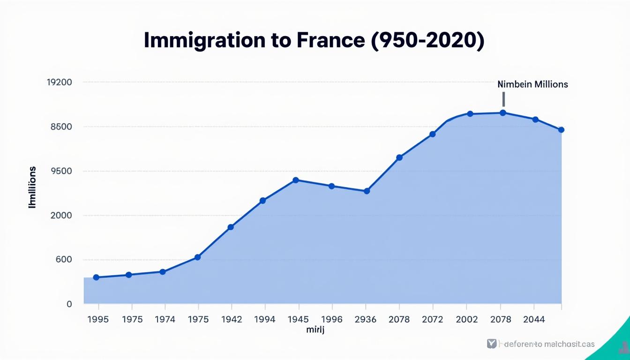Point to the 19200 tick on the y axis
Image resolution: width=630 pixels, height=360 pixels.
click(60, 82)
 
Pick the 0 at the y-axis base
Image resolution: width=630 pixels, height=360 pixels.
click(69, 304)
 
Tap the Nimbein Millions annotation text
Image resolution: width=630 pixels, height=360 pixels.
click(532, 84)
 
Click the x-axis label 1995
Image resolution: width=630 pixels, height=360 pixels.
click(98, 319)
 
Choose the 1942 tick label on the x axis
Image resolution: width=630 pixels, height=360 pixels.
click(232, 319)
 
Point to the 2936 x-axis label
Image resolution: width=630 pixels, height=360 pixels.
click(365, 319)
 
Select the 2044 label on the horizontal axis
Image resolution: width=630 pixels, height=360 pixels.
click(533, 319)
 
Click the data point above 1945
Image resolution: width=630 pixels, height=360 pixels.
click(295, 180)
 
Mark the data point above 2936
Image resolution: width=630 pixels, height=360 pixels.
click(367, 191)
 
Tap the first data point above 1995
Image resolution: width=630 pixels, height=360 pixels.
click(96, 277)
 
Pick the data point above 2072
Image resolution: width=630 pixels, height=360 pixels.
click(433, 134)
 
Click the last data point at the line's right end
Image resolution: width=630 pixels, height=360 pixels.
click(562, 130)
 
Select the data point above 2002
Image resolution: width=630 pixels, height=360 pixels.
click(470, 114)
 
